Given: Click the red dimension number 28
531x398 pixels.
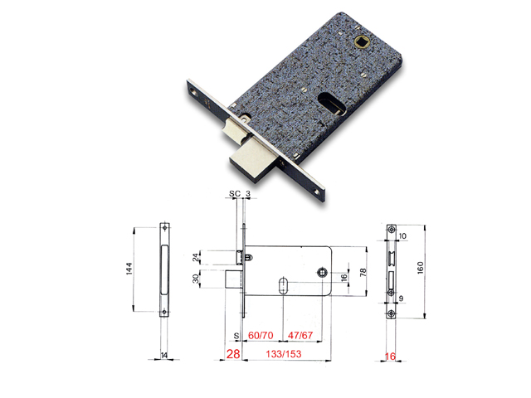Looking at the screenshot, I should point(233,356).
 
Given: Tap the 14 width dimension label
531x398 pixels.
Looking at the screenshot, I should point(163,354).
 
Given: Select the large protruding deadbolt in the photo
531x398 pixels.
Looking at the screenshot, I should point(249,153).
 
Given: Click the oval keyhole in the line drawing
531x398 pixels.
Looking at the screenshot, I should point(284,288).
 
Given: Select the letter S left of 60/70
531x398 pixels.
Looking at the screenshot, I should point(236,337).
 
